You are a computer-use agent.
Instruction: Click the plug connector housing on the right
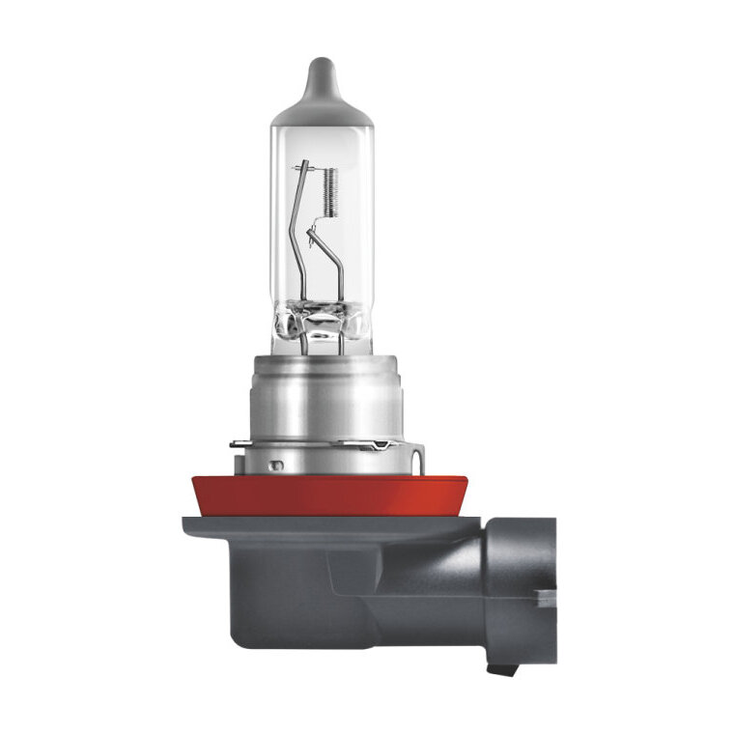tap(522, 579)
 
